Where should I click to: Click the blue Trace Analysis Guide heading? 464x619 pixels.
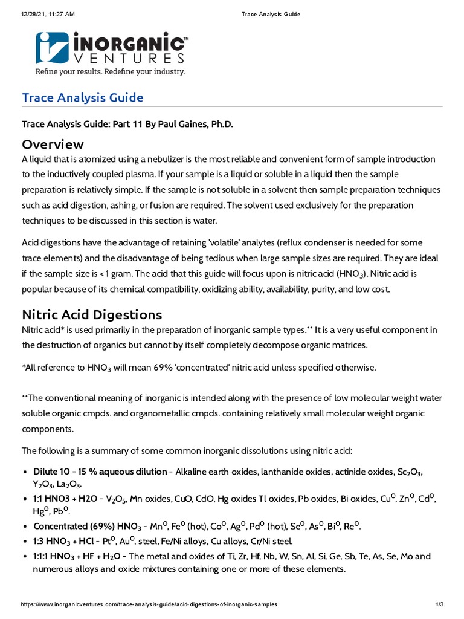point(82,97)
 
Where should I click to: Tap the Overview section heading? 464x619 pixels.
point(53,144)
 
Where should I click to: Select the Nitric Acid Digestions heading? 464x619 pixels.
point(92,314)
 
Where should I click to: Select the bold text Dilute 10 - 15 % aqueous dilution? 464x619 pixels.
point(100,472)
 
